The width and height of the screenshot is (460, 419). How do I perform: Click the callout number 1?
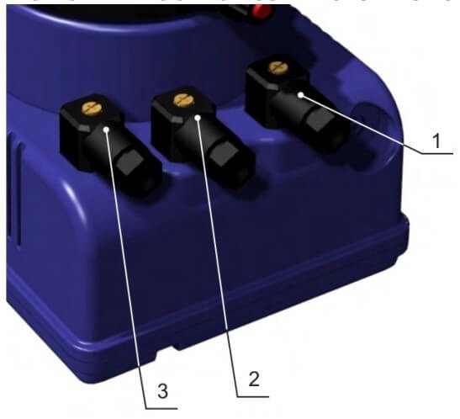436,141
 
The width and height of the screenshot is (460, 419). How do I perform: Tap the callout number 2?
254,379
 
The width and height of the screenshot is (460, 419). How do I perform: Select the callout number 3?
163,391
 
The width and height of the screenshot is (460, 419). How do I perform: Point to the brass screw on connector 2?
183,100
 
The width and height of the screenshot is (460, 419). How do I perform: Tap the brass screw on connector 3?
92,108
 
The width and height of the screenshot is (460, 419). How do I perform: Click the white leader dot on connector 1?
301,95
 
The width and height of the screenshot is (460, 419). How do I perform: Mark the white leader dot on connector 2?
198,118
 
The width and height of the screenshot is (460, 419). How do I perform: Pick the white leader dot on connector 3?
106,129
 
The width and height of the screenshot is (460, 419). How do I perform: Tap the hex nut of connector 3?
130,164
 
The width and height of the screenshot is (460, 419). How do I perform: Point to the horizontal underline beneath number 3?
161,408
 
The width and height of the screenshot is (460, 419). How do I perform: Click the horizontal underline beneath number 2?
253,396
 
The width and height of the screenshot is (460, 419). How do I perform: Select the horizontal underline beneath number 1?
437,153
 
